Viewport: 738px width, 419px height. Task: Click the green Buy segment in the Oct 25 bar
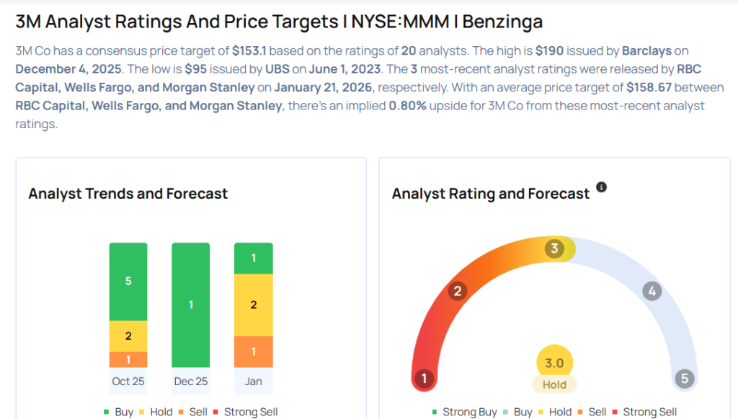pyautogui.click(x=128, y=281)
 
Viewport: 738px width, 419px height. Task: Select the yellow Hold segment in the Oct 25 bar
pyautogui.click(x=128, y=336)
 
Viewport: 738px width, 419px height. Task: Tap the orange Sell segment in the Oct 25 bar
pyautogui.click(x=128, y=359)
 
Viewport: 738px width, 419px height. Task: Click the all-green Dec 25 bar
pyautogui.click(x=191, y=305)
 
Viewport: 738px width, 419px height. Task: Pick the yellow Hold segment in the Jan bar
pyautogui.click(x=254, y=305)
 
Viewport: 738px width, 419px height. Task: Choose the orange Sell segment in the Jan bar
pyautogui.click(x=254, y=351)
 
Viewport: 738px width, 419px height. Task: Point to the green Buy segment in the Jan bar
pyautogui.click(x=254, y=258)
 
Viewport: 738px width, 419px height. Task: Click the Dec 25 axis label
pyautogui.click(x=191, y=381)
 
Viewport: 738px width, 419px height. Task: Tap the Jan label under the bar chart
pyautogui.click(x=254, y=381)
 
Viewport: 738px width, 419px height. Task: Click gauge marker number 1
pyautogui.click(x=424, y=379)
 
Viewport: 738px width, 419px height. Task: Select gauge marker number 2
pyautogui.click(x=456, y=292)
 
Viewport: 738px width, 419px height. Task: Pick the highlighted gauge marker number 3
pyautogui.click(x=554, y=249)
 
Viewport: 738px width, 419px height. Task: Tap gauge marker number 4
pyautogui.click(x=652, y=292)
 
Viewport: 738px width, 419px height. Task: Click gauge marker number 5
pyautogui.click(x=683, y=379)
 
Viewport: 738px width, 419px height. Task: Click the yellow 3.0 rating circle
pyautogui.click(x=554, y=363)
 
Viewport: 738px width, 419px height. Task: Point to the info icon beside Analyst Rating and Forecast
pyautogui.click(x=602, y=187)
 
